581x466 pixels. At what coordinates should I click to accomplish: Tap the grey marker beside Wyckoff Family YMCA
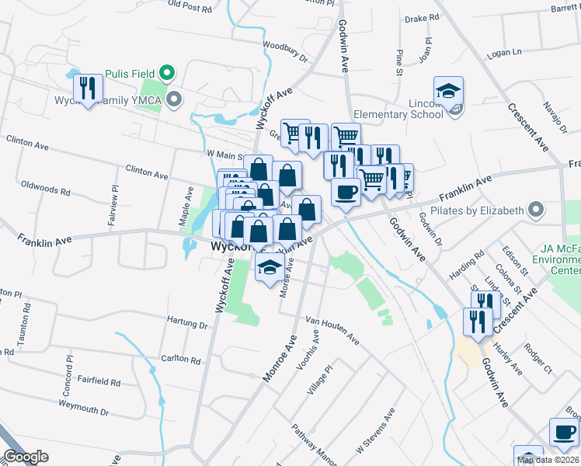pyautogui.click(x=175, y=99)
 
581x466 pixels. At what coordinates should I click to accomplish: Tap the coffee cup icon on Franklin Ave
pyautogui.click(x=346, y=191)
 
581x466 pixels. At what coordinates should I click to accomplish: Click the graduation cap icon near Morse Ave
pyautogui.click(x=270, y=269)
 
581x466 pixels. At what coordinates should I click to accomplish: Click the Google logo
pyautogui.click(x=26, y=457)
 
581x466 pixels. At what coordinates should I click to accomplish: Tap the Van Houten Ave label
pyautogui.click(x=332, y=329)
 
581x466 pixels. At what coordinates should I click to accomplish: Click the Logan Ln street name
pyautogui.click(x=506, y=54)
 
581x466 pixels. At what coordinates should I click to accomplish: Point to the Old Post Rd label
pyautogui.click(x=190, y=6)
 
